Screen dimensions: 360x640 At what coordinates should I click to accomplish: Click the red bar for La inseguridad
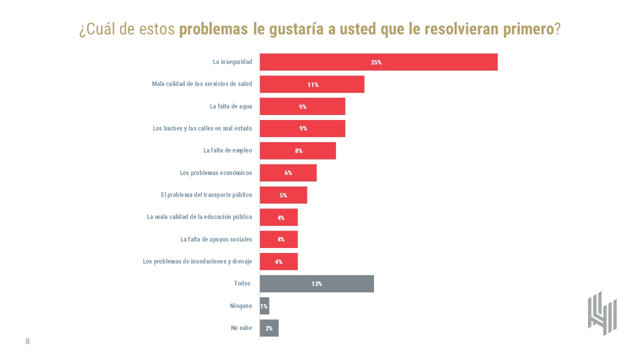(x=378, y=62)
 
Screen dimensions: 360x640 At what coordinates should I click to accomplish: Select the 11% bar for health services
(x=312, y=84)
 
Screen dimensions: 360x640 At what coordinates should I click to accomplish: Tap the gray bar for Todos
(x=316, y=283)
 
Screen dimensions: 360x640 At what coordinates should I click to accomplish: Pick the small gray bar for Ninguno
(x=264, y=306)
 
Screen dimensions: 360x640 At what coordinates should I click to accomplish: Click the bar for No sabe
(x=269, y=328)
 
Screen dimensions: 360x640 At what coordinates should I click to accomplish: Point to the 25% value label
(x=376, y=62)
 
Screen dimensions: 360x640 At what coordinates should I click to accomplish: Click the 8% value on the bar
(x=298, y=151)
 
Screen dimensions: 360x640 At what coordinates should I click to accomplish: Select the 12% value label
(x=316, y=284)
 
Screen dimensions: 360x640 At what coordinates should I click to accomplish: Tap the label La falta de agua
(x=230, y=106)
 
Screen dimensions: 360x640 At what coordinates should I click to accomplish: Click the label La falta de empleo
(x=227, y=150)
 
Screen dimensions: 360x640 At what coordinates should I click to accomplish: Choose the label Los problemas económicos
(x=215, y=173)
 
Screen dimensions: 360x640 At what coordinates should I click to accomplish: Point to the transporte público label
(x=206, y=195)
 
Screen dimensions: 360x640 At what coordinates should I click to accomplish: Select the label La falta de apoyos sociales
(x=216, y=239)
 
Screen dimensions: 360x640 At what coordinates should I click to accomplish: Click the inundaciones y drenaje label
(x=197, y=261)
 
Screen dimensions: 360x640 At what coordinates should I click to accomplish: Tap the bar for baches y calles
(x=302, y=128)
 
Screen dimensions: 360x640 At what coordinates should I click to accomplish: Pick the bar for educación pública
(x=279, y=217)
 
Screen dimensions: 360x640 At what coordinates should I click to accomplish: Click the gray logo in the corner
(x=602, y=313)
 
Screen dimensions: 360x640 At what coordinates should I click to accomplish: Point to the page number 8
(x=27, y=341)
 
